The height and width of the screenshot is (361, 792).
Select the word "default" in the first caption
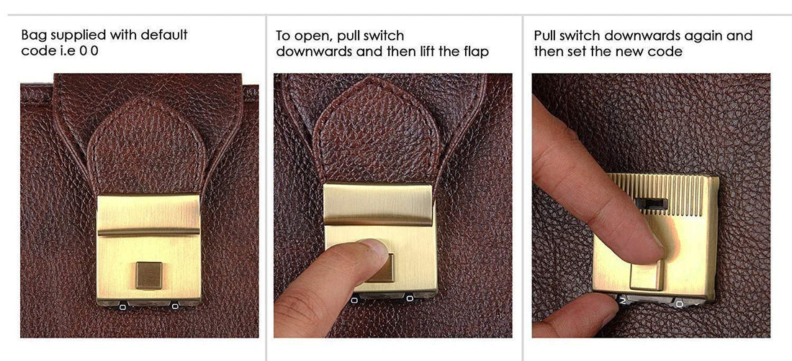click(164, 35)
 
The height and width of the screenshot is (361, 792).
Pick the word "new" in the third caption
click(615, 52)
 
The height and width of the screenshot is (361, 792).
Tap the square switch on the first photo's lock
click(149, 275)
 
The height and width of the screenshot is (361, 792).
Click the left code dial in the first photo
click(122, 306)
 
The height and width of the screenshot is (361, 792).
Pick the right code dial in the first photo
click(175, 306)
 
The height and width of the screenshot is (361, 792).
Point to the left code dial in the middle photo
click(354, 300)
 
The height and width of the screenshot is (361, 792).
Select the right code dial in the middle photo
click(408, 299)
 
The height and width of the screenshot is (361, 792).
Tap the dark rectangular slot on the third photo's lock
click(651, 204)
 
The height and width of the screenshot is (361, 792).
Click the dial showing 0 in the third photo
click(680, 304)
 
